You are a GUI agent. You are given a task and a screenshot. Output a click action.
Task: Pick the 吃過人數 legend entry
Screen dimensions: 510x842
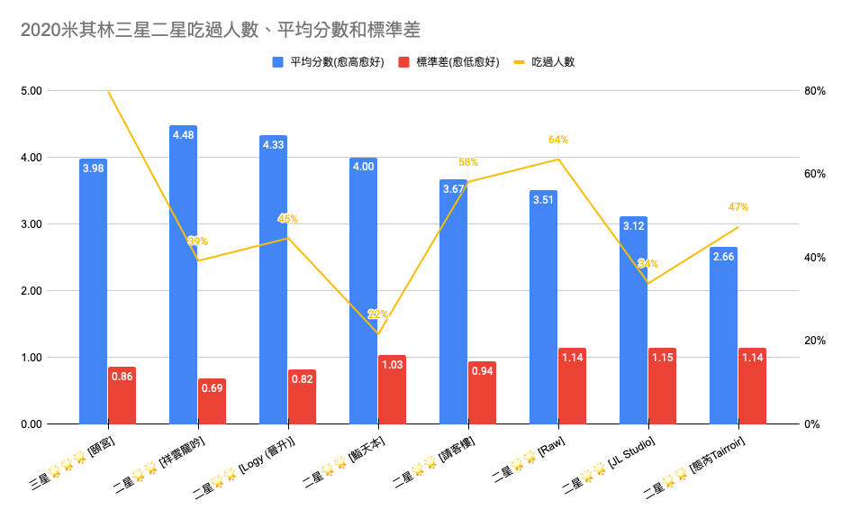point(553,62)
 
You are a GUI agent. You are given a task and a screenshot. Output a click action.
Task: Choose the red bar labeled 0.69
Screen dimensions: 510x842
point(212,403)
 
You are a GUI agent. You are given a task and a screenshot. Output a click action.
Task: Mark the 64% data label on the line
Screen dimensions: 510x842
point(558,140)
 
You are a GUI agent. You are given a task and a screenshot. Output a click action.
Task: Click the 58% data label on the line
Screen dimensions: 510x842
point(468,162)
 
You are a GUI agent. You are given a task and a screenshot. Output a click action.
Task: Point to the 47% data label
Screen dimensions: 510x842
point(738,207)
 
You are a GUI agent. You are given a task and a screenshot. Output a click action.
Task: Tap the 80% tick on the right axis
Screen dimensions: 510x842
point(815,91)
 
